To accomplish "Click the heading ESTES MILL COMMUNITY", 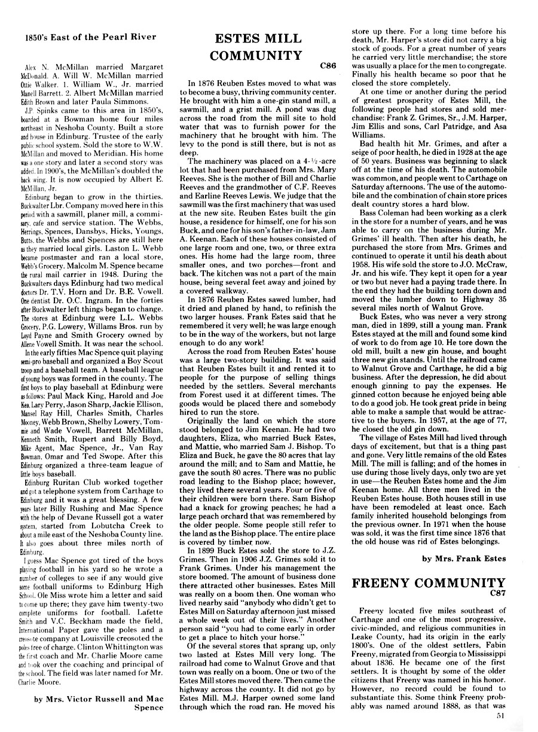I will (x=259, y=47).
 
